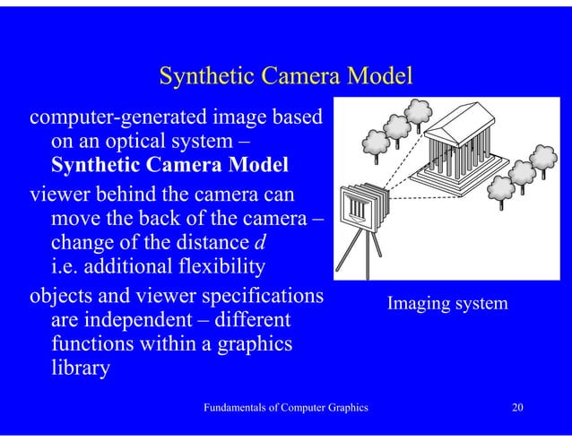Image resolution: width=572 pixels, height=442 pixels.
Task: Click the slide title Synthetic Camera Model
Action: (285, 78)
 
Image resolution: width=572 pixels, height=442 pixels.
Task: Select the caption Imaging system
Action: (446, 305)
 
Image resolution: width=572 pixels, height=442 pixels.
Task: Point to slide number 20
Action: (516, 409)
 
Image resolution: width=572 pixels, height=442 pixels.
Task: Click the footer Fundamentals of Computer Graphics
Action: (286, 409)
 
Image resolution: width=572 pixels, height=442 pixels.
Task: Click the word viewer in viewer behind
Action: (57, 193)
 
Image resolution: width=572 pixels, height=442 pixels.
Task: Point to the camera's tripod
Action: (365, 246)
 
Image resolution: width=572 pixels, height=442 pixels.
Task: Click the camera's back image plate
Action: (356, 207)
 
